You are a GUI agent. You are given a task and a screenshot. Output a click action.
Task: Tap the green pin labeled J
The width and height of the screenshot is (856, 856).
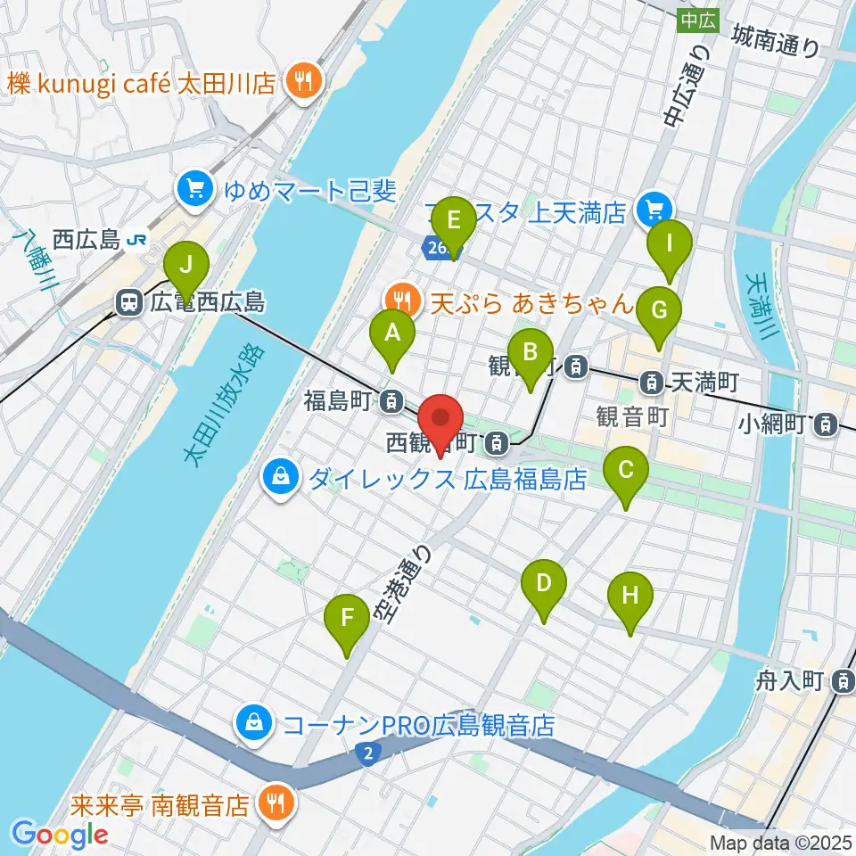(x=186, y=265)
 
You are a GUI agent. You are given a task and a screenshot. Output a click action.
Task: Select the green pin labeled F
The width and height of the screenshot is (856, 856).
(x=348, y=618)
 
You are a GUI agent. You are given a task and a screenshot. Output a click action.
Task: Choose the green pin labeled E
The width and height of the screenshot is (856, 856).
(x=453, y=221)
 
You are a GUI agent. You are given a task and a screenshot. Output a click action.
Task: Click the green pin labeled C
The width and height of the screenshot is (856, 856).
(x=625, y=470)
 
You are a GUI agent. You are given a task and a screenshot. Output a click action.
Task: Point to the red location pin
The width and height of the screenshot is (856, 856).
(x=440, y=419)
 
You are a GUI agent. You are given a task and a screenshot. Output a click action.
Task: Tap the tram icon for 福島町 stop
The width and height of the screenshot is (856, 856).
(x=389, y=402)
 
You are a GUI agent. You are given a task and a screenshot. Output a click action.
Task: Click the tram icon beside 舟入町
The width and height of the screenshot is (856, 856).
(x=842, y=682)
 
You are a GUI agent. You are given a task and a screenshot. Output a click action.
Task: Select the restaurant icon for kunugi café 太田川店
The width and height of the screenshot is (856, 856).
(x=304, y=83)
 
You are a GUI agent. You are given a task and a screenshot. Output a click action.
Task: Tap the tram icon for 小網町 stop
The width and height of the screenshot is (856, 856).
(x=827, y=424)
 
